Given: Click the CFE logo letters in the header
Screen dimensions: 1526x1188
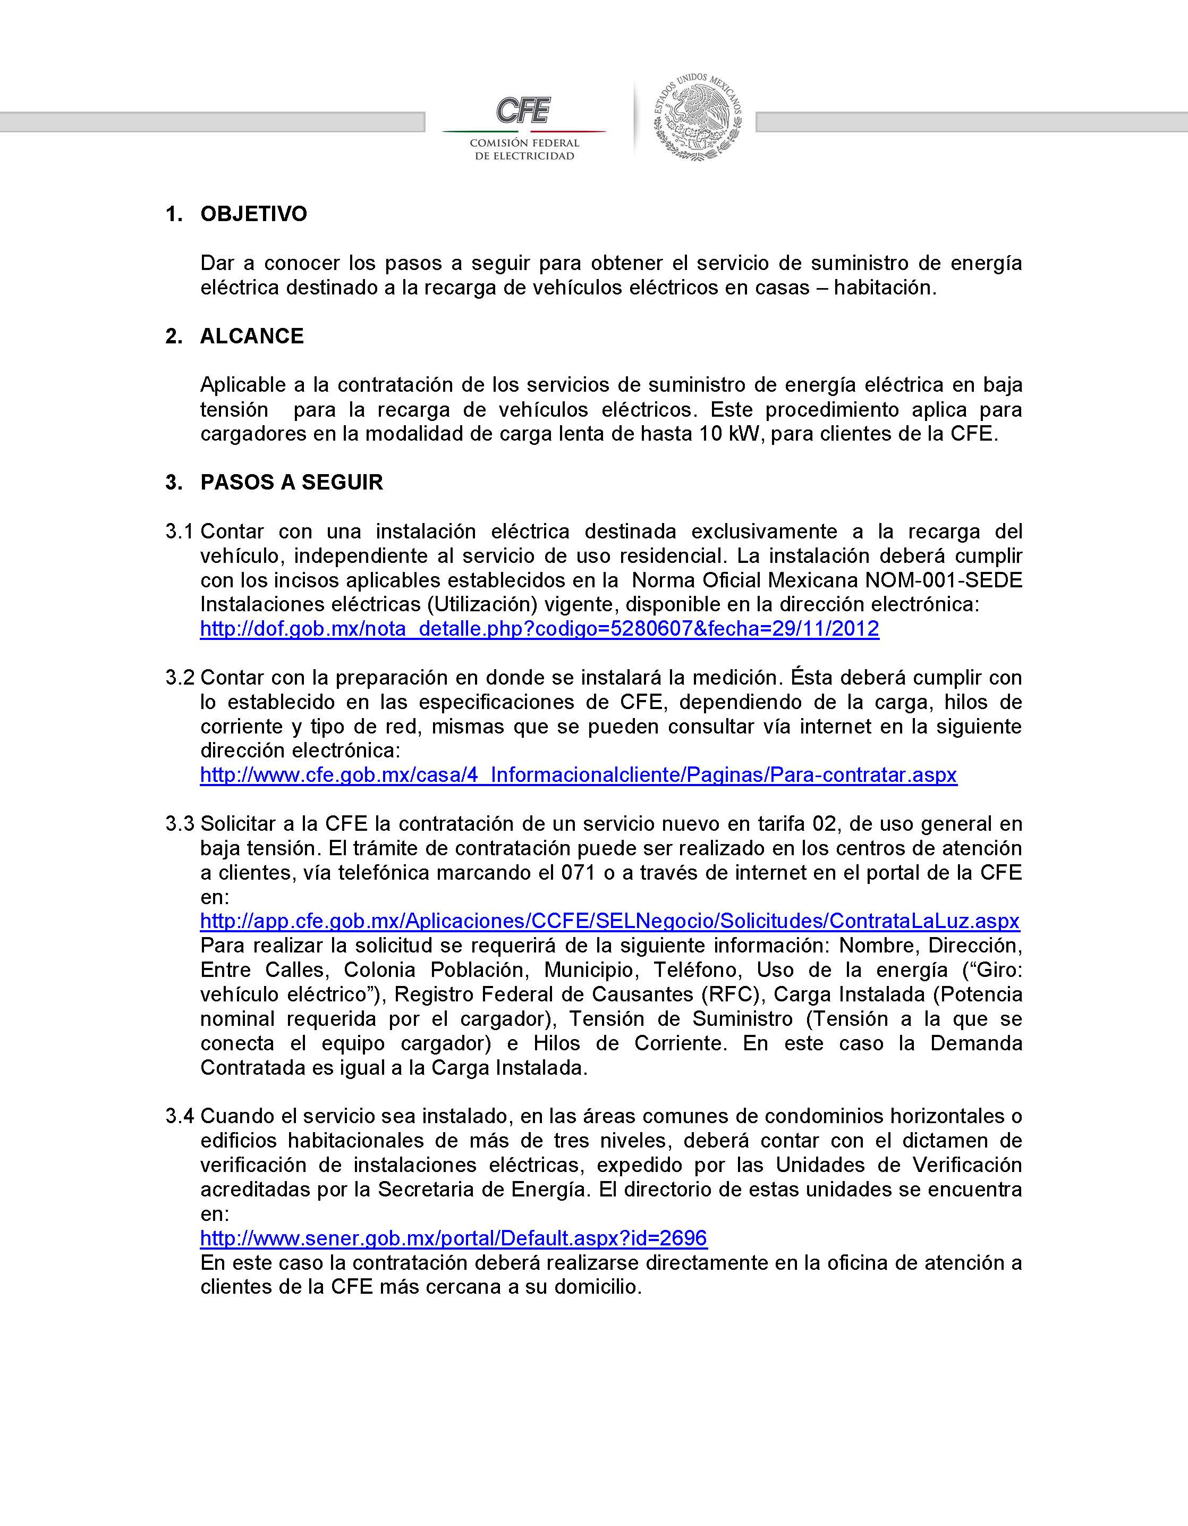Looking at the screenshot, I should coord(523,111).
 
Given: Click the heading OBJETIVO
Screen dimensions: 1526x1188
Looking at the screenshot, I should coord(253,214).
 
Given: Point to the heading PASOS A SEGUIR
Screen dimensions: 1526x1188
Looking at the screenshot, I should coord(291,482).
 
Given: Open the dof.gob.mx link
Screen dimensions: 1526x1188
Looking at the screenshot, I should coord(539,629).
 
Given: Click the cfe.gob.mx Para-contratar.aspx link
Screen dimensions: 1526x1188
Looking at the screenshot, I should coord(578,775).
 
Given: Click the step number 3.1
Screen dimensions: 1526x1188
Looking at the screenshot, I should coord(179,531).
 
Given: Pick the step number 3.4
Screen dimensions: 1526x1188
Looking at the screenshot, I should coord(179,1116).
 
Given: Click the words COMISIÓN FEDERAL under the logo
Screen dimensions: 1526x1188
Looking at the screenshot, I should coord(524,143).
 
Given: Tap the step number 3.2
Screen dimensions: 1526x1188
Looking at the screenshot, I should coord(179,677).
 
